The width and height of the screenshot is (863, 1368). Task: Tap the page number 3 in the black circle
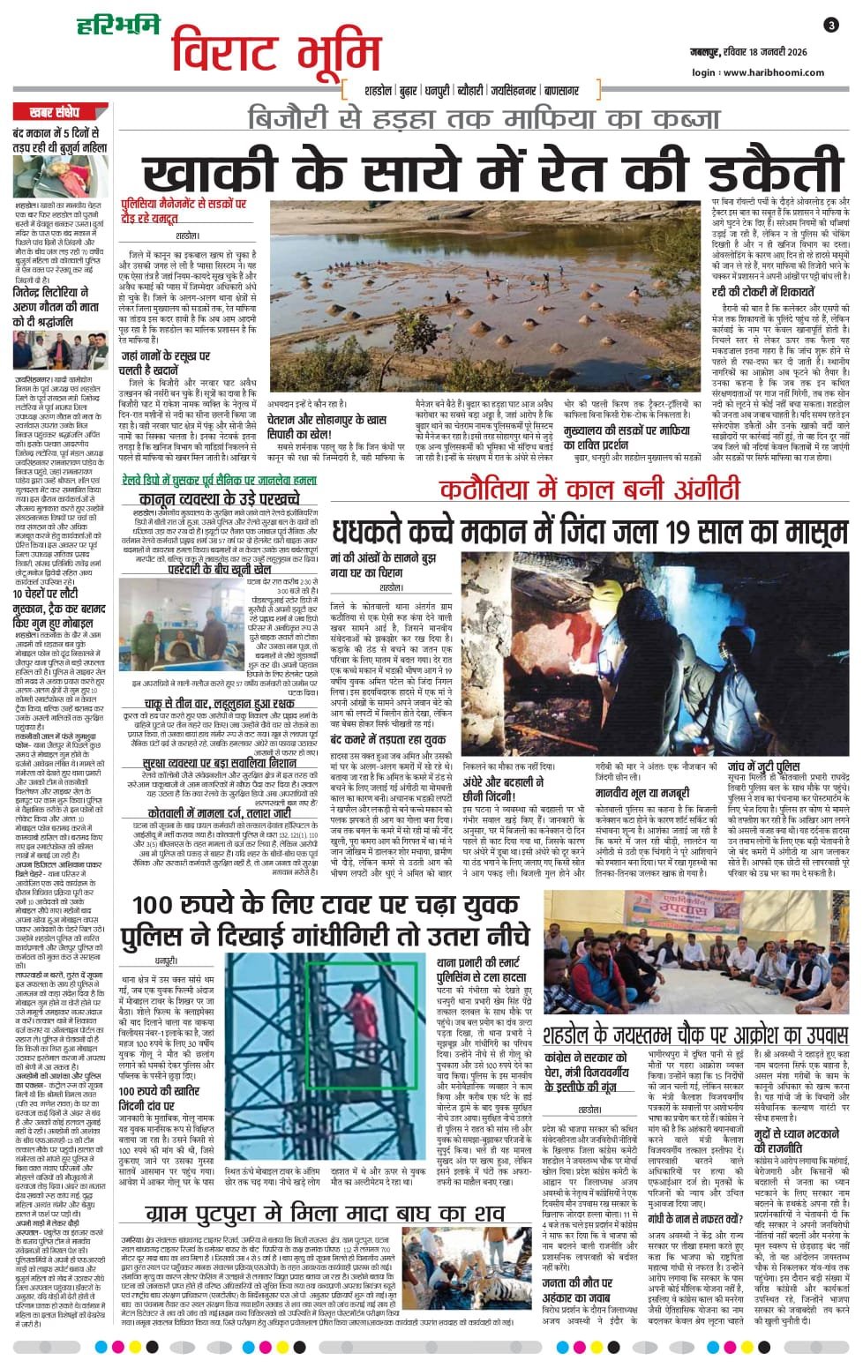(x=831, y=26)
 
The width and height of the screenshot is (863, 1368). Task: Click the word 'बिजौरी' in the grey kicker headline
(x=289, y=117)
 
